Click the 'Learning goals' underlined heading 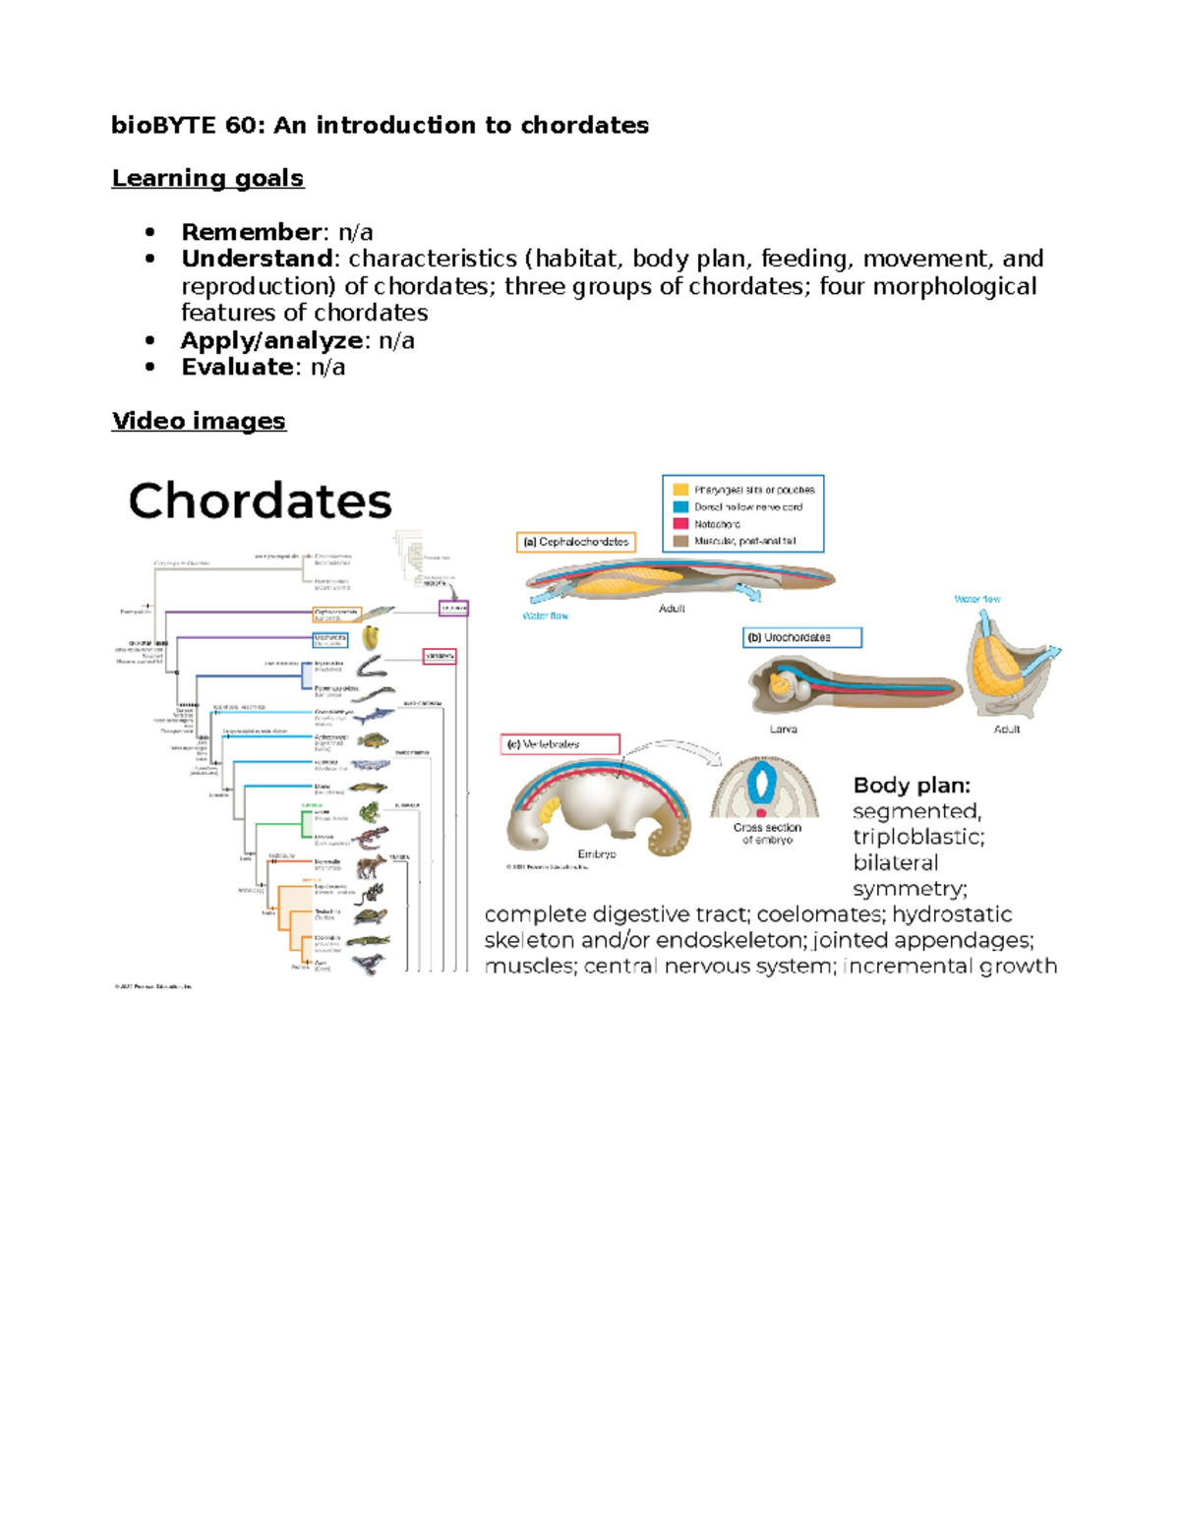pos(207,178)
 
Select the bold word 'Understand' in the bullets pos(257,259)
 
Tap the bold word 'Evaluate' pos(237,367)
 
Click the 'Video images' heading pos(199,421)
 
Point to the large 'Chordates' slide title pos(260,500)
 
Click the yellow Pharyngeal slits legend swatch pos(680,490)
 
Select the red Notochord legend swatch pos(680,524)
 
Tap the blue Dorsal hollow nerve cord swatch pos(680,507)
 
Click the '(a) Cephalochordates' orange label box pos(576,542)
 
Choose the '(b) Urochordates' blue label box pos(801,637)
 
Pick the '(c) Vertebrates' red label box pos(560,744)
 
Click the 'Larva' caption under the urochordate pos(783,730)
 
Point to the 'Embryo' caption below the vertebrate pos(596,854)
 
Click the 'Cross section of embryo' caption pos(767,834)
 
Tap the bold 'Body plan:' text pos(912,785)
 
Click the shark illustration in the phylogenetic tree pos(374,715)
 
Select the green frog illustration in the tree pos(370,812)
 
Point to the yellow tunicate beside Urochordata pos(371,638)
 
